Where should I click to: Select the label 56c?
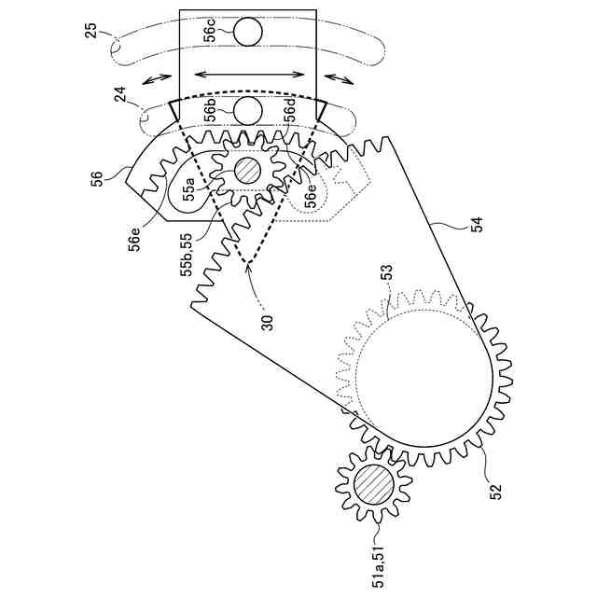click(211, 33)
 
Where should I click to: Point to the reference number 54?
click(477, 223)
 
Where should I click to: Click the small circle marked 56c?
click(249, 33)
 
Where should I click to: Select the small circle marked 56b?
click(249, 110)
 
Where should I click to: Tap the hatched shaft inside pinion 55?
click(247, 171)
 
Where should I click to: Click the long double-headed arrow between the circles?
click(249, 72)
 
